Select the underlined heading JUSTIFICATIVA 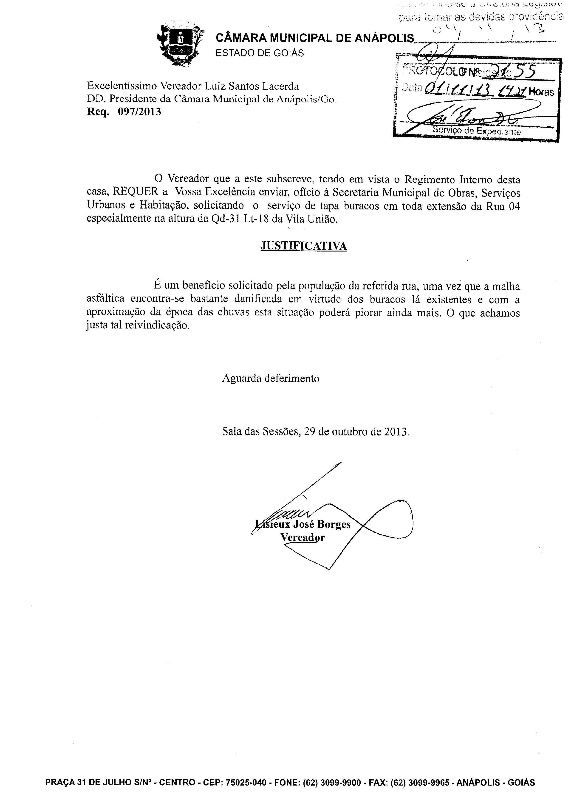[x=304, y=246]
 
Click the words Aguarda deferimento [x=271, y=378]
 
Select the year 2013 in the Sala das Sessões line [x=396, y=432]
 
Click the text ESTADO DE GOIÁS [x=260, y=53]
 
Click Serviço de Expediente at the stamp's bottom [x=477, y=131]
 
